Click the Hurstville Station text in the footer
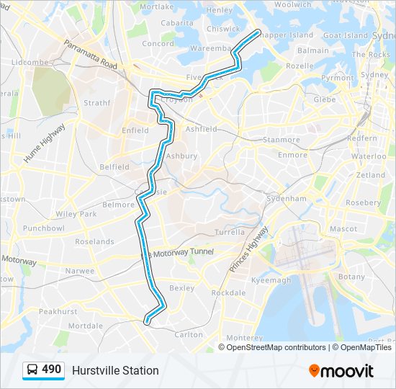tap(115, 370)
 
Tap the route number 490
tap(51, 370)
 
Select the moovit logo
tap(341, 370)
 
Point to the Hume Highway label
tap(44, 142)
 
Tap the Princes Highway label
tap(248, 249)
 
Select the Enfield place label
tap(135, 130)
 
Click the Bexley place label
tap(181, 287)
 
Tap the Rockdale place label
tap(228, 292)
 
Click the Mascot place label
tap(343, 228)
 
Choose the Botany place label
tap(352, 277)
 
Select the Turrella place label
tap(230, 233)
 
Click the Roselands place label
tap(94, 241)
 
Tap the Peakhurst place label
tap(58, 311)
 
